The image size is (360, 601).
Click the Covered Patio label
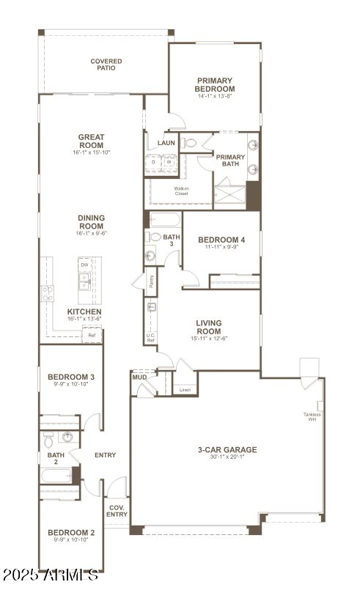(x=106, y=64)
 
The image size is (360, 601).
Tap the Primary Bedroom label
(x=215, y=84)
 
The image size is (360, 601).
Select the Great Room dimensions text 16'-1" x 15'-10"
(x=92, y=152)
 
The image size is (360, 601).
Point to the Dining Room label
(x=92, y=222)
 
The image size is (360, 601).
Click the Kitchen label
(x=84, y=311)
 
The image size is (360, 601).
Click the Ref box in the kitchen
(x=92, y=335)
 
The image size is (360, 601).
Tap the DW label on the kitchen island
(x=84, y=265)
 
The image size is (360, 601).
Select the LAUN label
(x=166, y=143)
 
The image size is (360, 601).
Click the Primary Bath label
(x=230, y=160)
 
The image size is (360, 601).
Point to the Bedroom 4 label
(x=221, y=240)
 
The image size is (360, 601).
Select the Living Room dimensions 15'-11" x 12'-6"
(x=209, y=339)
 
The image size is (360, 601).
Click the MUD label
(x=139, y=377)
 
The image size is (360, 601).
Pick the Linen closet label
(x=185, y=390)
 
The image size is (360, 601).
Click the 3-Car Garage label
(x=227, y=449)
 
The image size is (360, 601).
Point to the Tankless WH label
(x=312, y=417)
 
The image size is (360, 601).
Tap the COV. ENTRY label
(x=117, y=510)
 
